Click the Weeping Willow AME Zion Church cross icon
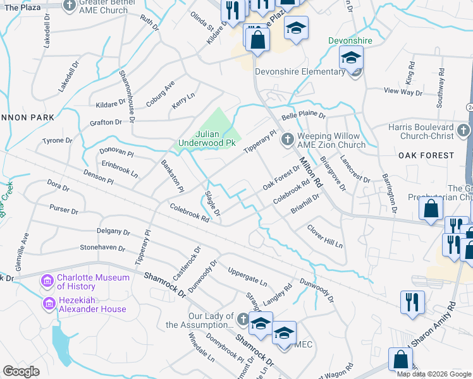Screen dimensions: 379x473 tap(287, 138)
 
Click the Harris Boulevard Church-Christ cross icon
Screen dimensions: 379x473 tap(463, 131)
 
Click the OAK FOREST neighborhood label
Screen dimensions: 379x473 tap(426, 155)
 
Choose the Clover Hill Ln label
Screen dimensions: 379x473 tap(324, 236)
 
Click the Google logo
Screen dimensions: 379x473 tap(21, 371)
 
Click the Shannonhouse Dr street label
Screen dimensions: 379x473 tap(127, 95)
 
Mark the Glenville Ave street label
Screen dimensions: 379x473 tap(22, 252)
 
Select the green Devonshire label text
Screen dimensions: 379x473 tap(350, 40)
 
